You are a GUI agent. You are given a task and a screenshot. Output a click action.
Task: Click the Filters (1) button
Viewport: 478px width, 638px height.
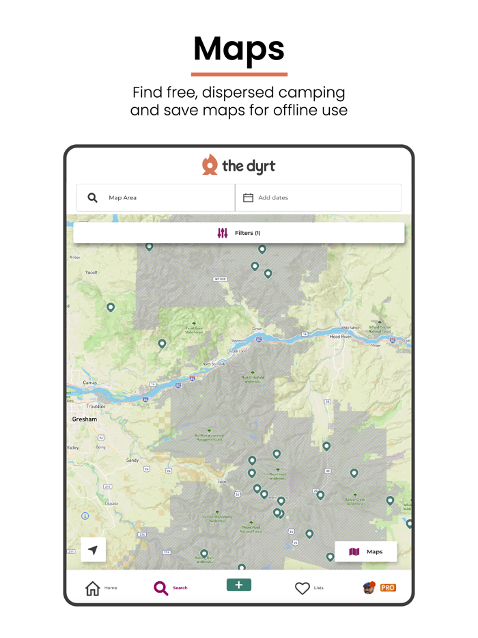coord(239,233)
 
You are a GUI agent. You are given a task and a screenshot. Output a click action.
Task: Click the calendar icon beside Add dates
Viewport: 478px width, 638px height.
coord(249,198)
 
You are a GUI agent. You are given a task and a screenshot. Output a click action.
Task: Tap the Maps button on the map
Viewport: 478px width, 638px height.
coord(366,552)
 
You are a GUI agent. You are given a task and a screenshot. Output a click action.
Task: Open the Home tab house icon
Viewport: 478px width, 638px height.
coord(93,588)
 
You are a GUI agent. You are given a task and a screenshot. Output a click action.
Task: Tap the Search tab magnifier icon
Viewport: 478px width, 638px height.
coord(161,588)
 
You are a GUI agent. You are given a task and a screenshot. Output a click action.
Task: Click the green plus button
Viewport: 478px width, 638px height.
coord(239,585)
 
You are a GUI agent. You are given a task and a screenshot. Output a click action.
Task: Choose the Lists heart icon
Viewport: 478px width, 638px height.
coord(303,588)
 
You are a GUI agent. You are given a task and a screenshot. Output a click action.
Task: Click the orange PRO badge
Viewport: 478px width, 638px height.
coord(388,587)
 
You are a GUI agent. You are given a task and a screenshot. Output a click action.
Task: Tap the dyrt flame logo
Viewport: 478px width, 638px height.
coord(210,165)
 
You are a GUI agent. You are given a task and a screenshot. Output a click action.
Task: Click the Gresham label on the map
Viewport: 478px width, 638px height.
coord(85,419)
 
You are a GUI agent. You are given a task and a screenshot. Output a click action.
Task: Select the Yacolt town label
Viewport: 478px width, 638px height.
coord(92,273)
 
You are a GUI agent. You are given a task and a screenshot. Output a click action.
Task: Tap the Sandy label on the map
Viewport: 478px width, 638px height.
coord(132,460)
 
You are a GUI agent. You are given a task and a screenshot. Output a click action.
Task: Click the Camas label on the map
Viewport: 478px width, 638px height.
coord(89,383)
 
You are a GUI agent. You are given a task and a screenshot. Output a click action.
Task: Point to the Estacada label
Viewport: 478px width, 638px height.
coord(111,503)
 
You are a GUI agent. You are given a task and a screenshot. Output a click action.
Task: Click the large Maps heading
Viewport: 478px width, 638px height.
coord(239,49)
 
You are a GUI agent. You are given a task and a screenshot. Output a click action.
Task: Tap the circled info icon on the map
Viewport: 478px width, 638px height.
coord(85,516)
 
